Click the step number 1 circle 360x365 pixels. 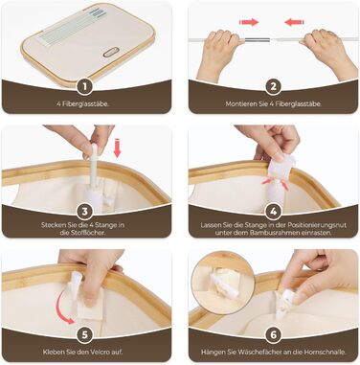point(85,86)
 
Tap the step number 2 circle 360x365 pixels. point(274,86)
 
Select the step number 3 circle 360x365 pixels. point(85,211)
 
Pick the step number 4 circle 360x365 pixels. point(274,211)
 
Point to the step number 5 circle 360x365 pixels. point(85,334)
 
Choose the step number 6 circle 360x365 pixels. point(274,334)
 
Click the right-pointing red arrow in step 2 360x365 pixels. point(249,22)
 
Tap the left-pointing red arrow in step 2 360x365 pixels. point(294,22)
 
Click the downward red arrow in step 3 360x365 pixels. point(118,148)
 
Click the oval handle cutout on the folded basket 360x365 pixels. point(111,52)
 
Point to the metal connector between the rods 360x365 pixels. point(258,40)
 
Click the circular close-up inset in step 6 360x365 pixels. point(223,281)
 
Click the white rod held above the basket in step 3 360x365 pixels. point(94,166)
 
